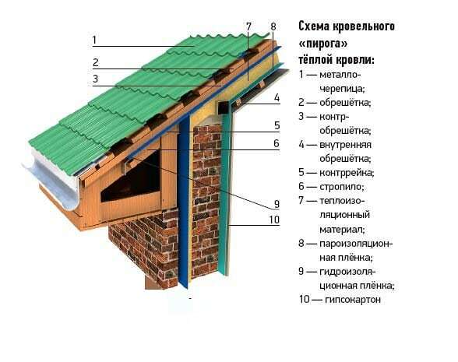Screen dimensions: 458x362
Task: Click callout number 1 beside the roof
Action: tap(94, 40)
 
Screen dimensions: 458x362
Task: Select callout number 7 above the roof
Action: tap(248, 26)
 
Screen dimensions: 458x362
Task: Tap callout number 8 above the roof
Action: tap(273, 26)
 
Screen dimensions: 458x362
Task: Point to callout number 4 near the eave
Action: tap(277, 98)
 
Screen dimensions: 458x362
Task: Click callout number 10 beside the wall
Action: tap(274, 220)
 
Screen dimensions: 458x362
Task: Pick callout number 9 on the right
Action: tap(277, 204)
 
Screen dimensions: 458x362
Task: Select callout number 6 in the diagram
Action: tap(277, 143)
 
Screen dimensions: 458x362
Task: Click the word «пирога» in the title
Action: tap(323, 44)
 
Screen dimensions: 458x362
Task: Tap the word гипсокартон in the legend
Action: tap(353, 300)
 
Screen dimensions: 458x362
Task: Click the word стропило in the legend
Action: tap(342, 187)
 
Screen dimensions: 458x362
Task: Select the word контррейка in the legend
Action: tap(347, 173)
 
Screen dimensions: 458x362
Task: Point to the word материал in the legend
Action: tap(342, 229)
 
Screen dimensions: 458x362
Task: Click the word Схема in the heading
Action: tap(314, 26)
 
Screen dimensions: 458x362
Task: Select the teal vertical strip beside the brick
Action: tap(225, 190)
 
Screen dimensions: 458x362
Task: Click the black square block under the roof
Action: tap(223, 107)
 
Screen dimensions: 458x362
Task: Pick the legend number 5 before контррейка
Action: tap(301, 173)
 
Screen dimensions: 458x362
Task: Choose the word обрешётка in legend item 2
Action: tap(345, 103)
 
